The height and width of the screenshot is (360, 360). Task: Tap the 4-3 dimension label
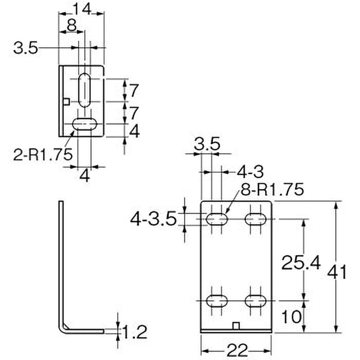[x=249, y=171]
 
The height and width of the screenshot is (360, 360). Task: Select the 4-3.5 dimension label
[x=153, y=219]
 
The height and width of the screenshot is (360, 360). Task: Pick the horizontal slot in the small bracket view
[x=84, y=124]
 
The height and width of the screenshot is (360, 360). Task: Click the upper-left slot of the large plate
[x=217, y=219]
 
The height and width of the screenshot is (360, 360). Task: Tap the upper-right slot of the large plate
[x=256, y=219]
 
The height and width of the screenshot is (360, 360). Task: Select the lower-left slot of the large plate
[x=217, y=300]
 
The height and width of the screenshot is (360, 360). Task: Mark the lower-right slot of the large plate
[x=256, y=300]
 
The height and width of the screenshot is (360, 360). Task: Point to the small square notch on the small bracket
[x=66, y=101]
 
